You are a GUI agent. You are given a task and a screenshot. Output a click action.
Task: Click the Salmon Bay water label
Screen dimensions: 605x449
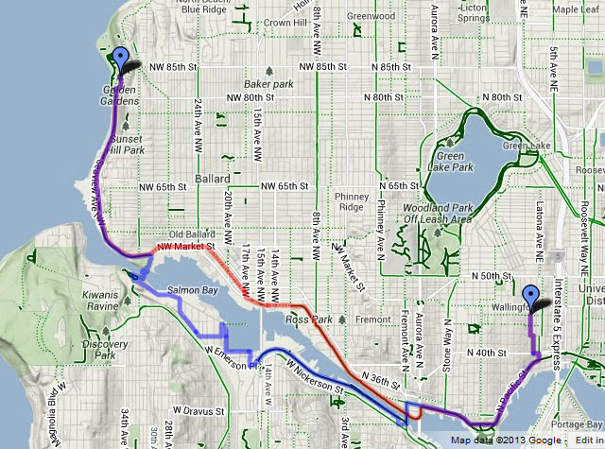point(196,290)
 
